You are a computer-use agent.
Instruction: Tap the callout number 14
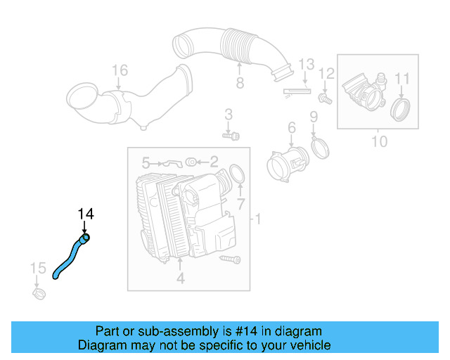point(85,214)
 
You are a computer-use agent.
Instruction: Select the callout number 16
point(120,70)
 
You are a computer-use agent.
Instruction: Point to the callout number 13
point(305,65)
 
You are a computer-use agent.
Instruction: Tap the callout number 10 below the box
point(378,142)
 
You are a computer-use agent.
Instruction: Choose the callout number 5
point(146,162)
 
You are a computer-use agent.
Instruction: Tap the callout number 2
point(214,162)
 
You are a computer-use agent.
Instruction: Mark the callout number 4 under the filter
point(180,279)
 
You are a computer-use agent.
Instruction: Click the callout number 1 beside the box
point(258,220)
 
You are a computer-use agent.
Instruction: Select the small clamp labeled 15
point(39,291)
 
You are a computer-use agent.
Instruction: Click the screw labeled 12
point(325,97)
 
